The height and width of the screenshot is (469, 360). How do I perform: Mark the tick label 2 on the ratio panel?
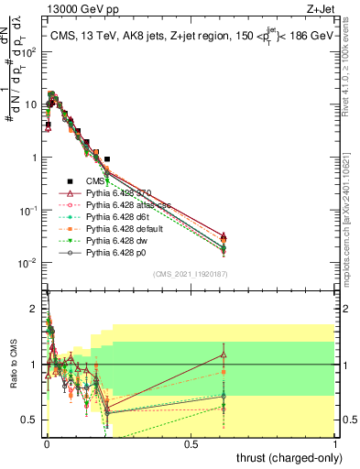[x=33, y=309]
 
